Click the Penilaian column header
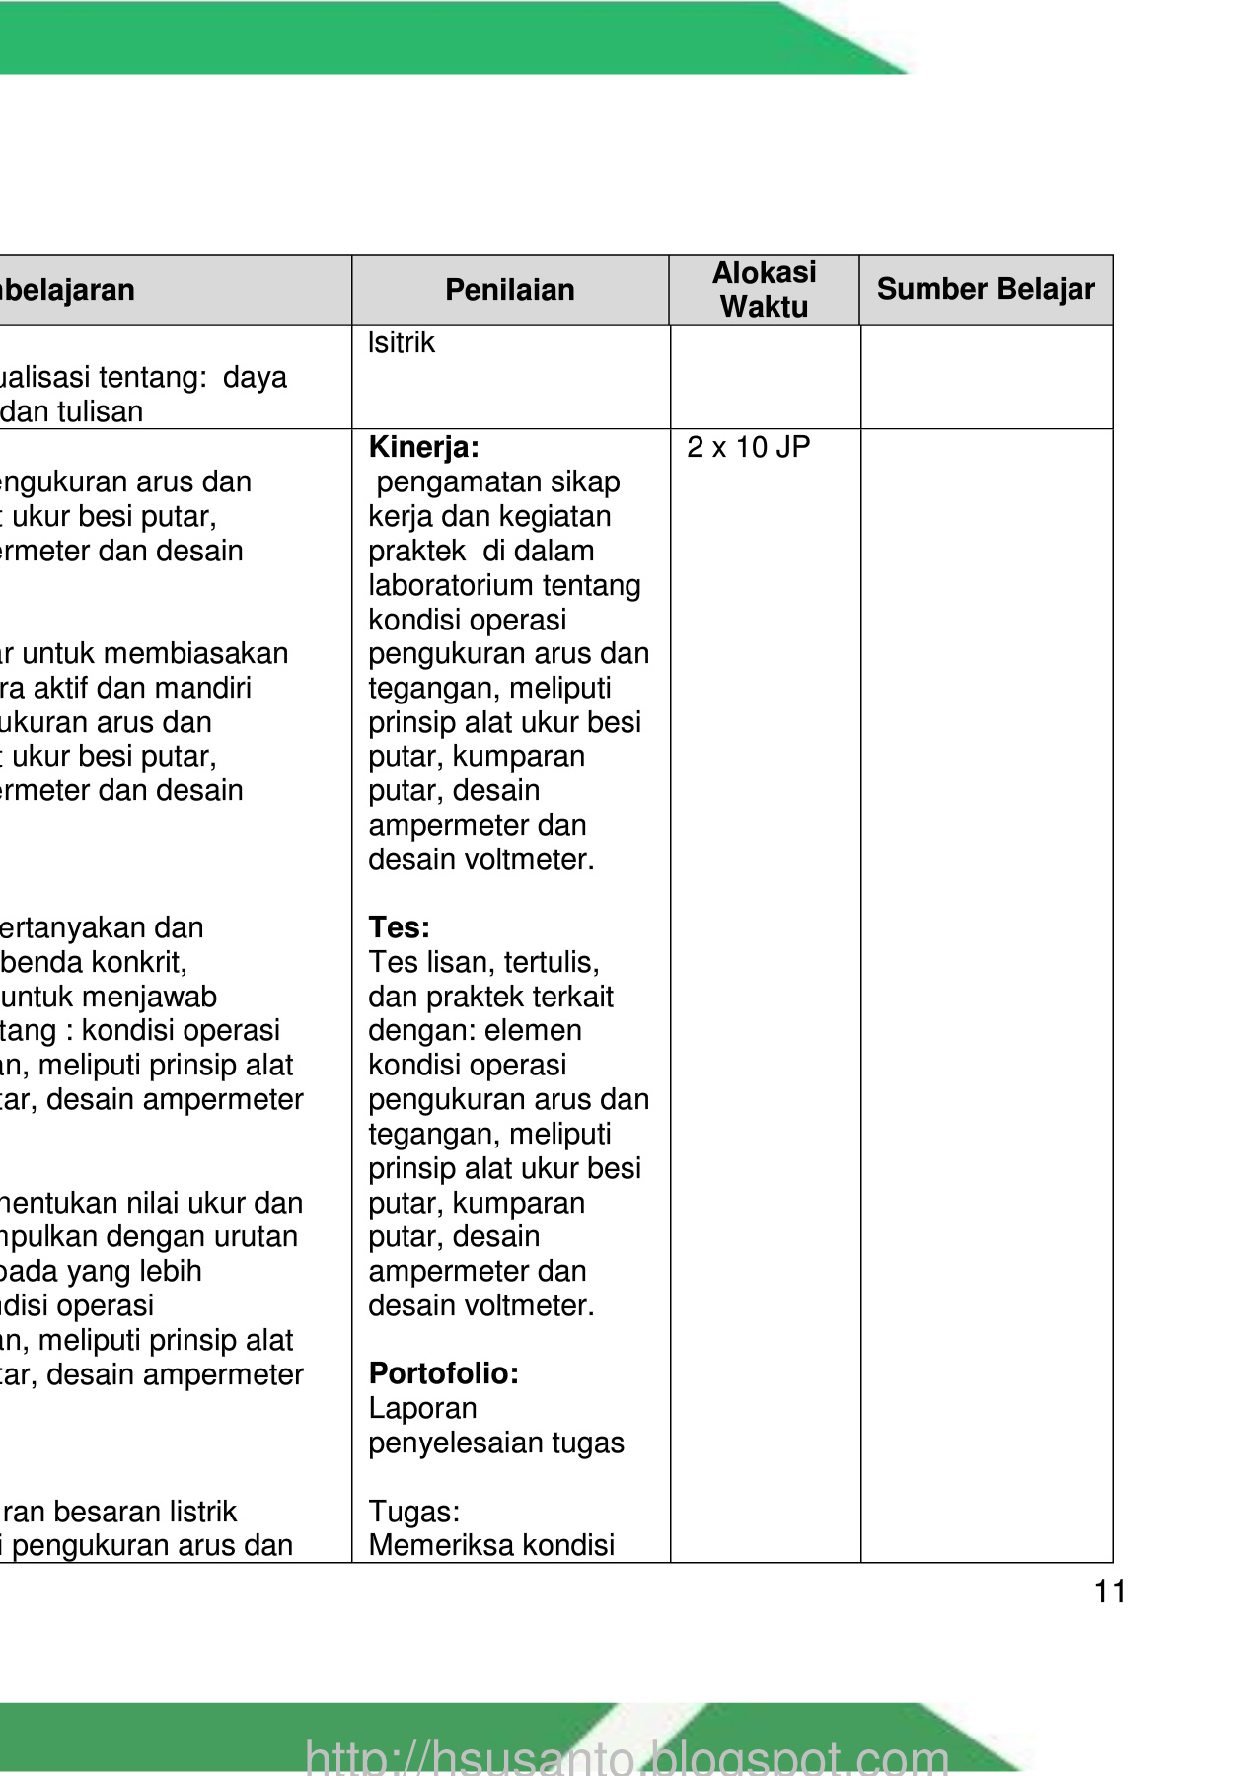click(509, 290)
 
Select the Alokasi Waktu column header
click(764, 290)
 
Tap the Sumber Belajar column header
click(986, 289)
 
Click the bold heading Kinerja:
click(423, 447)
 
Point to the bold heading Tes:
click(399, 927)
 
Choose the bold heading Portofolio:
click(443, 1373)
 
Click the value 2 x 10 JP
click(748, 447)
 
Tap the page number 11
click(1110, 1591)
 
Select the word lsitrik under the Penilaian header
click(401, 343)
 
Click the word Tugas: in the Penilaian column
click(413, 1512)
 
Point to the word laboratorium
click(439, 585)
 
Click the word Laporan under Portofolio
click(422, 1408)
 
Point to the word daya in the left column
click(255, 377)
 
